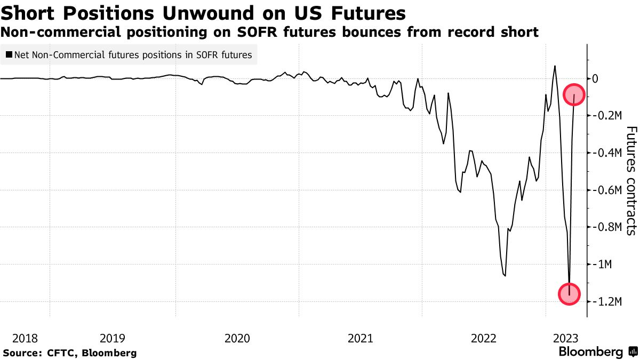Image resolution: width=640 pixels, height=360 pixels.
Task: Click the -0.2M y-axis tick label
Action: pyautogui.click(x=606, y=116)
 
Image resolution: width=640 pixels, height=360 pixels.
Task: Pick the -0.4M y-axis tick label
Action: pyautogui.click(x=606, y=153)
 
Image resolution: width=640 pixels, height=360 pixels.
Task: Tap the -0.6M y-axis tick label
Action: pyautogui.click(x=606, y=190)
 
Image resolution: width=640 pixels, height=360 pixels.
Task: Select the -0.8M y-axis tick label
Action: pyautogui.click(x=606, y=227)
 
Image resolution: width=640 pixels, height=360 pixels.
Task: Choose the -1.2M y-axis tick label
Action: pyautogui.click(x=606, y=302)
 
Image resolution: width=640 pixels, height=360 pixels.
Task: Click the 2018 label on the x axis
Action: pyautogui.click(x=25, y=338)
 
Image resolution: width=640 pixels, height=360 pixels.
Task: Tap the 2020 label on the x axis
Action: pyautogui.click(x=237, y=338)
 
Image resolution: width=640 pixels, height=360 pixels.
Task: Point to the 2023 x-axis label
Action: pyautogui.click(x=565, y=338)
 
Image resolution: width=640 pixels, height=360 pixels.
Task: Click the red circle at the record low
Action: pyautogui.click(x=570, y=294)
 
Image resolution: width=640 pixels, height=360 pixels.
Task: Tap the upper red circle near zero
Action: pyautogui.click(x=574, y=95)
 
